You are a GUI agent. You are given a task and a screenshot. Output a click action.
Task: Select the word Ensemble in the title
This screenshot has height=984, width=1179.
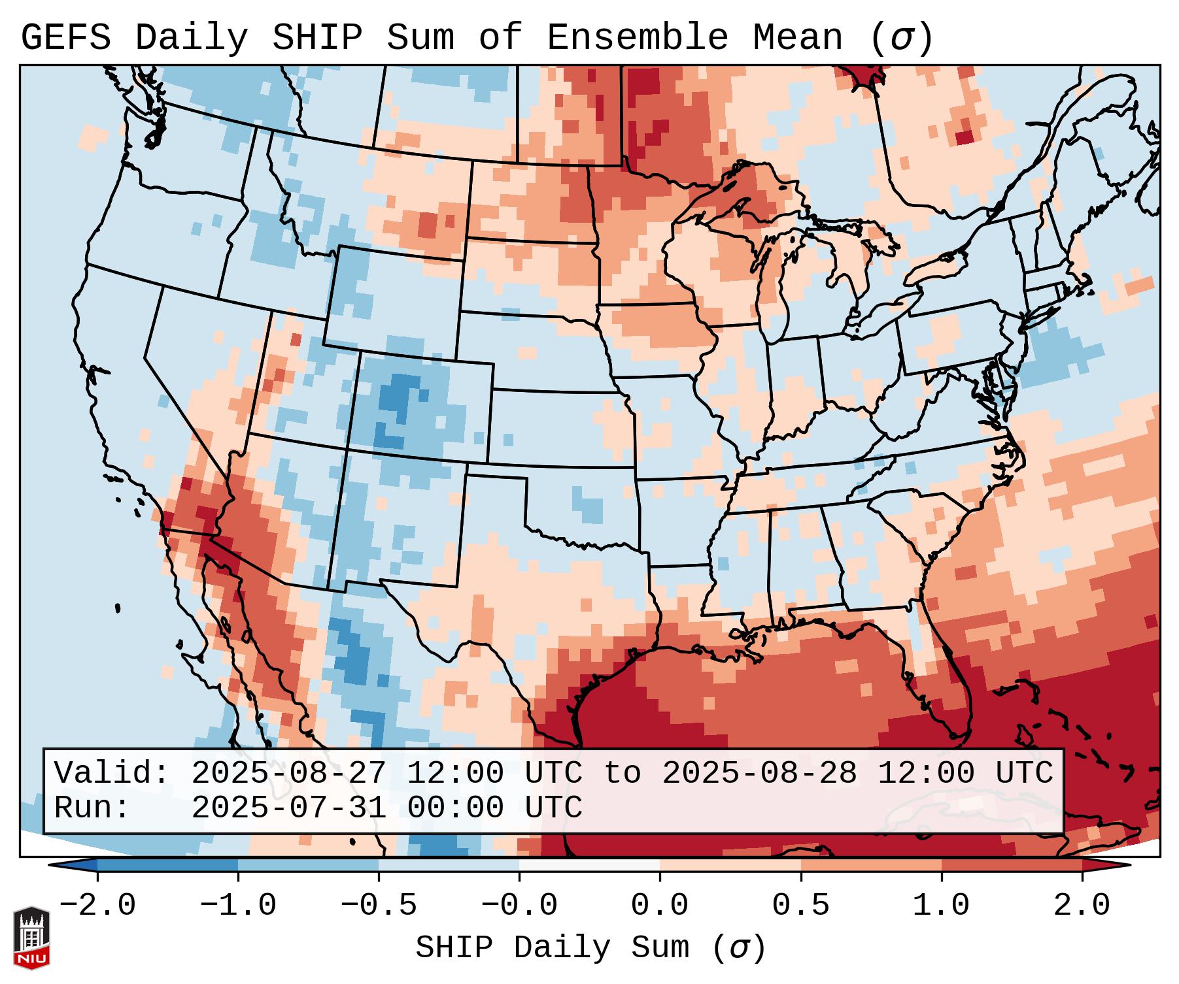point(637,38)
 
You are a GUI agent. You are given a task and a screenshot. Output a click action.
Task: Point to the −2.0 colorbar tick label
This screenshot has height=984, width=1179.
point(97,906)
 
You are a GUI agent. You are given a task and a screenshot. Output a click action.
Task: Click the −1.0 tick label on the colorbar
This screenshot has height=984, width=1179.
point(238,906)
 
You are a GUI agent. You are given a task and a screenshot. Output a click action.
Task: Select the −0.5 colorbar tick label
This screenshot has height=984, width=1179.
point(379,906)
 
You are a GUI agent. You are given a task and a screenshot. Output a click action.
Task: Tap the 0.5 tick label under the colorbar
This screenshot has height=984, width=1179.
point(800,906)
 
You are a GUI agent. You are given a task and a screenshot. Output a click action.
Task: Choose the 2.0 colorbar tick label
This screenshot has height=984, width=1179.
point(1082,906)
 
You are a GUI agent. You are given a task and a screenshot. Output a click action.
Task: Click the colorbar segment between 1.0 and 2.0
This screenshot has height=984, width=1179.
point(1012,865)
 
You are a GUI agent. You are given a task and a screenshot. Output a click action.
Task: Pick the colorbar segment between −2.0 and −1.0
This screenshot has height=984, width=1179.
point(167,865)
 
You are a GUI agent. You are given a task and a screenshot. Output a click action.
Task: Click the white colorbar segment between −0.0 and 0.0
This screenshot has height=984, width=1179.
point(589,865)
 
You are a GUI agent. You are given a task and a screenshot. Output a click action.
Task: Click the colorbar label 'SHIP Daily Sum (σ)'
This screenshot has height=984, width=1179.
point(590,947)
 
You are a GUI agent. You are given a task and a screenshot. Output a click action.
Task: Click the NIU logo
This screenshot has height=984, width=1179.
point(31,938)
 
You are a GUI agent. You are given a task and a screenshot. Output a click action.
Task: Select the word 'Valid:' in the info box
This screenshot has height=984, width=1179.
point(111,774)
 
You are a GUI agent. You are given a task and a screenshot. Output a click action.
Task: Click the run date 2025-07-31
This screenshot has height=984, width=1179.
point(288,808)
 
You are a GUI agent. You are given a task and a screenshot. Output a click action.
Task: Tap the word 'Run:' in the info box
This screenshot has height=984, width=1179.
point(92,808)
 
